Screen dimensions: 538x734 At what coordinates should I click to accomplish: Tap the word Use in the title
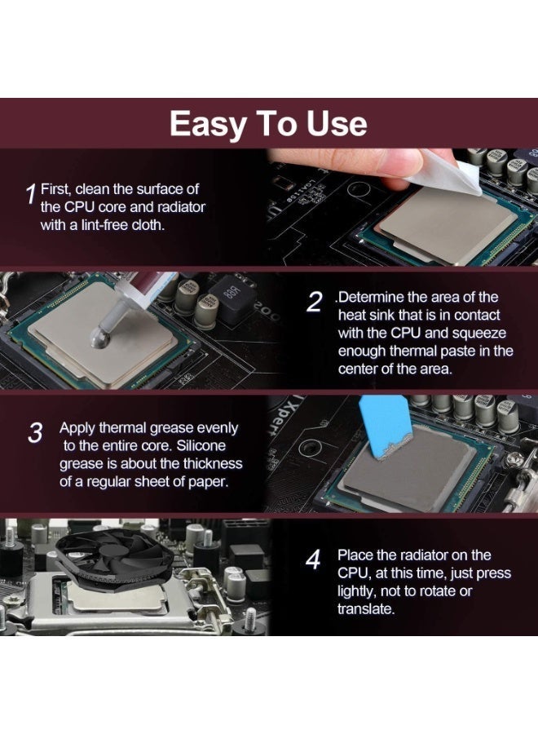click(337, 124)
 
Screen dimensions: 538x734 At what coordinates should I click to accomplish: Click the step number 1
click(30, 194)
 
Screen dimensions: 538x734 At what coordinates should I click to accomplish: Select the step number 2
click(315, 302)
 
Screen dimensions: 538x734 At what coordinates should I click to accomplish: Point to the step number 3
click(35, 433)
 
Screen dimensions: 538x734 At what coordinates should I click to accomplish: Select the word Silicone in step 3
click(201, 445)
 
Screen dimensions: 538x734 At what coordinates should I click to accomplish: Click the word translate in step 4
click(365, 609)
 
